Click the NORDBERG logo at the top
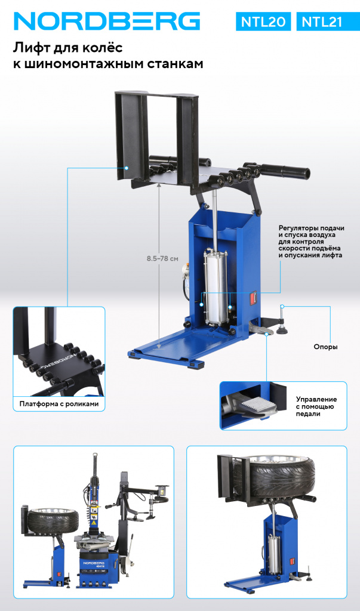(107, 21)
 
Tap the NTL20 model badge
(263, 22)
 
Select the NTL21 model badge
(322, 22)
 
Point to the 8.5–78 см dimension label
(162, 258)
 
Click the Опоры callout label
(325, 347)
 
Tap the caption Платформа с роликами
(59, 404)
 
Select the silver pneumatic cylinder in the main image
(216, 286)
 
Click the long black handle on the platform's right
(285, 171)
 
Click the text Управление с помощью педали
(316, 406)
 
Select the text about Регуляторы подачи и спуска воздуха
(311, 242)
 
